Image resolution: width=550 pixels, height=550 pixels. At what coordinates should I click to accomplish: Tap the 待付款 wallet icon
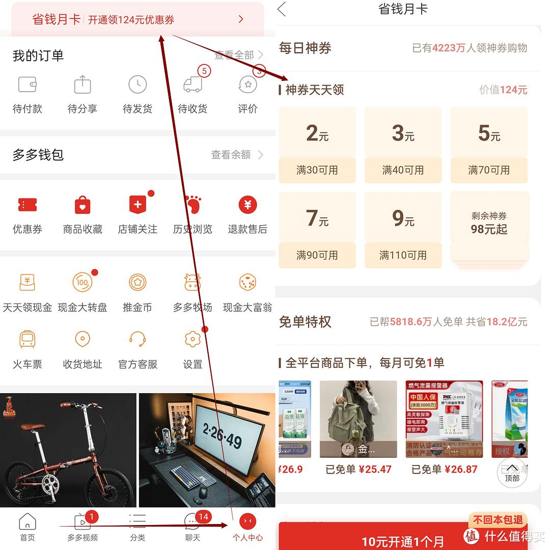(x=27, y=85)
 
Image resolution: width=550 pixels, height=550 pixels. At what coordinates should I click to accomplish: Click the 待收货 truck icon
(x=193, y=85)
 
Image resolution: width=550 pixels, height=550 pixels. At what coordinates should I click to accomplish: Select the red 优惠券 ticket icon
(x=27, y=205)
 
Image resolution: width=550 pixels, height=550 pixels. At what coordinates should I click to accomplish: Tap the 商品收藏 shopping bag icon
(x=82, y=205)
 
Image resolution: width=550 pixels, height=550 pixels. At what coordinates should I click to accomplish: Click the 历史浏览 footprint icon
(x=193, y=205)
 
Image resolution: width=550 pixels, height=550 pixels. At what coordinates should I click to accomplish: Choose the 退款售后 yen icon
(x=248, y=205)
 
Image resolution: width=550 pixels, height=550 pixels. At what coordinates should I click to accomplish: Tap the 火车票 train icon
(x=27, y=339)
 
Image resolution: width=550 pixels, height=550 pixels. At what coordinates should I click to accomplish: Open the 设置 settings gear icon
(x=193, y=339)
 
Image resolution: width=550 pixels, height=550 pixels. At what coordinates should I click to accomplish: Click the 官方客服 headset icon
(x=137, y=339)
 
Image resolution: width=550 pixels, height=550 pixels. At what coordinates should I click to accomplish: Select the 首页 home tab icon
(x=27, y=521)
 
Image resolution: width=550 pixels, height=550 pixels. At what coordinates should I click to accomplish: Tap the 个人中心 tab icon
(x=248, y=521)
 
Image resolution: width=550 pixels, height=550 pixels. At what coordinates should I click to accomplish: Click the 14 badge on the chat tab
(x=203, y=516)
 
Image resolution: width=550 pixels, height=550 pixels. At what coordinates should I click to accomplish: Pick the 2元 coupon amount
(x=317, y=133)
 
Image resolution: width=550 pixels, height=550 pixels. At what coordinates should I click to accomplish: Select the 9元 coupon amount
(x=403, y=218)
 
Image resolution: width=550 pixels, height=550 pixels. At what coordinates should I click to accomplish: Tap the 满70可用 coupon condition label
(x=489, y=170)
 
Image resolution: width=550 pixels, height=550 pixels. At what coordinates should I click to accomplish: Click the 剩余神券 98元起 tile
(x=489, y=223)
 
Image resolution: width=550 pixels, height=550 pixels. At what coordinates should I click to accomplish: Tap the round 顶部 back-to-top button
(x=512, y=473)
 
